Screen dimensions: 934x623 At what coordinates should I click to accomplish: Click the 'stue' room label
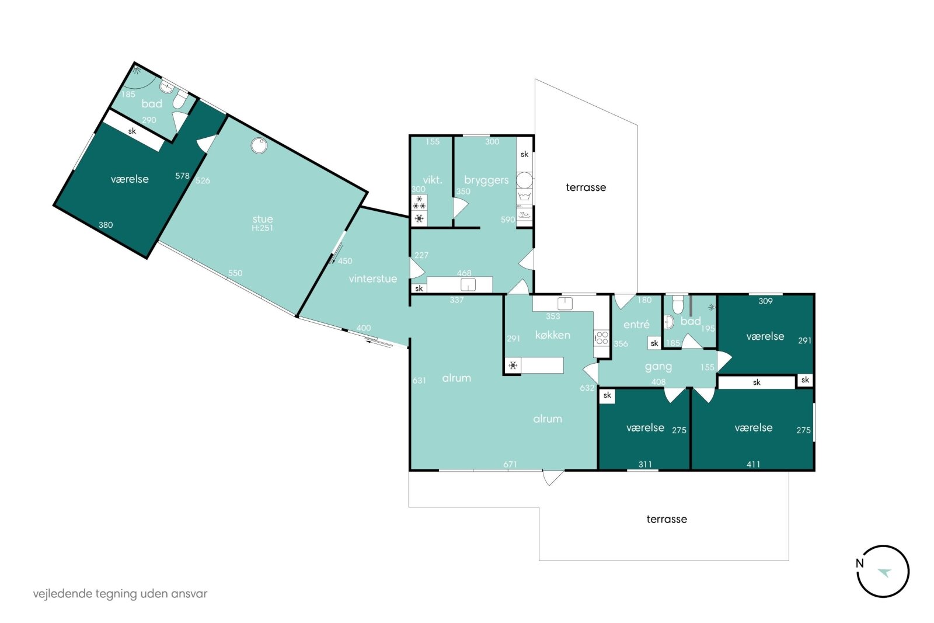click(263, 219)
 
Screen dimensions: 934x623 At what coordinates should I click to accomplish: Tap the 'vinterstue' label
click(373, 279)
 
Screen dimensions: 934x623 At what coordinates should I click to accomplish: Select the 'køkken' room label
click(552, 335)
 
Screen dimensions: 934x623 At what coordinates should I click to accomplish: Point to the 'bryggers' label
click(486, 180)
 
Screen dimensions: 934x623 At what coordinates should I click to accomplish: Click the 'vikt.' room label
click(433, 180)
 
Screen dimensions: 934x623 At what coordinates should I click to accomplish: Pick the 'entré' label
click(636, 324)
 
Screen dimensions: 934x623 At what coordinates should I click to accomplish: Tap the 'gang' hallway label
click(658, 367)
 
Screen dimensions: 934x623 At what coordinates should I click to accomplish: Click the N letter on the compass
click(859, 563)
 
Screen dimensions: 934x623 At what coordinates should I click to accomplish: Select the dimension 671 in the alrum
click(510, 464)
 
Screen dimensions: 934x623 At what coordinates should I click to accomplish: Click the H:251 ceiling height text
click(262, 228)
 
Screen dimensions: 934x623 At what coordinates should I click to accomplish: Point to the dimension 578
click(182, 176)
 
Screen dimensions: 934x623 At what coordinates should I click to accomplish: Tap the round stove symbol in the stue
click(259, 145)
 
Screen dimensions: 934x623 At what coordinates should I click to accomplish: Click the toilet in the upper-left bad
click(180, 99)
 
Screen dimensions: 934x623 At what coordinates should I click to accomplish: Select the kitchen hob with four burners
click(602, 337)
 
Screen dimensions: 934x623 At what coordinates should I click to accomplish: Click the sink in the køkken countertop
click(565, 303)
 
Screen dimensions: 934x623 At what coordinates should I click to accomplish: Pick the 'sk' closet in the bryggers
click(524, 154)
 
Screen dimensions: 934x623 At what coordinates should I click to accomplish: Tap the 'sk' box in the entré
click(654, 343)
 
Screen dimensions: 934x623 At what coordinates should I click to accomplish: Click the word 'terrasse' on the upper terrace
click(586, 187)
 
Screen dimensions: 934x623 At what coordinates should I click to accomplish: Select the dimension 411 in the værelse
click(753, 464)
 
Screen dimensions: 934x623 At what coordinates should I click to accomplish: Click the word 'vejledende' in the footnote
click(63, 594)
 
